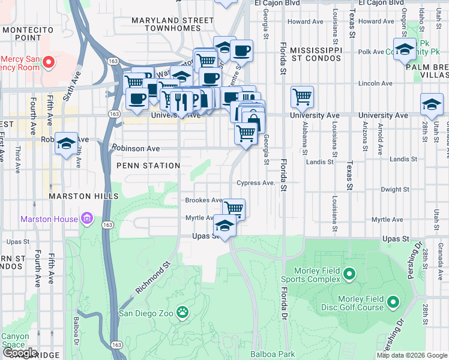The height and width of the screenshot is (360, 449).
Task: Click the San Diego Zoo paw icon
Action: click(182, 313)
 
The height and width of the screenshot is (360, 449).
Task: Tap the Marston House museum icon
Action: click(86, 219)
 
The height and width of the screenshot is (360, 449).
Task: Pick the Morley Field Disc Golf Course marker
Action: click(393, 301)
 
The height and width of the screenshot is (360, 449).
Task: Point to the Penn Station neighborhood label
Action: click(148, 165)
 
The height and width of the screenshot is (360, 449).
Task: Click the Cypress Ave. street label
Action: click(255, 183)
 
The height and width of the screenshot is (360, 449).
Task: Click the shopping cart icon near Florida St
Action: click(302, 96)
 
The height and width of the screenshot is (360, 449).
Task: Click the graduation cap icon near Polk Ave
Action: click(405, 49)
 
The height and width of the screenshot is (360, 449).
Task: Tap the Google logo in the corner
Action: click(19, 353)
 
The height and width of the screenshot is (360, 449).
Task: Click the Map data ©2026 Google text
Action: click(412, 355)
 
